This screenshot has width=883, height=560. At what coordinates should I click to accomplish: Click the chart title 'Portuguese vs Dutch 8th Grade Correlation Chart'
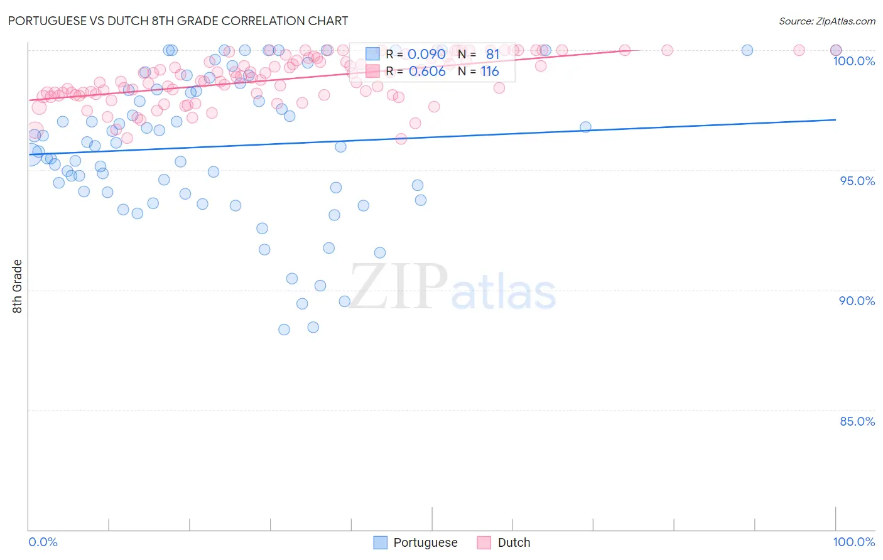click(178, 21)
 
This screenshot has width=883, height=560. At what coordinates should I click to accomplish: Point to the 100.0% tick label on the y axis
click(853, 61)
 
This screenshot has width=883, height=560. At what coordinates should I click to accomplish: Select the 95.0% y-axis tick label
click(857, 181)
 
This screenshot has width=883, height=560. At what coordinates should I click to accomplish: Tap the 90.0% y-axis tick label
click(857, 301)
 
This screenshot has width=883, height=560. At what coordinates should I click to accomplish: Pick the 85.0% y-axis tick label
click(857, 421)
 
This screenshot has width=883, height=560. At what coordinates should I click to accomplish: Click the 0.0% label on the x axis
click(43, 542)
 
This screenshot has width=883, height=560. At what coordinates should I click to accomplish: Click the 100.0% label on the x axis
click(853, 542)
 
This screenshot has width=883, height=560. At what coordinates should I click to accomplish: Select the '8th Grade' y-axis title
click(18, 286)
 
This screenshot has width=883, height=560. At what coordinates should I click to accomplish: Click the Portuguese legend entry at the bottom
click(416, 542)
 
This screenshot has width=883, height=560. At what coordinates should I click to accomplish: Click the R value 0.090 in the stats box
click(426, 54)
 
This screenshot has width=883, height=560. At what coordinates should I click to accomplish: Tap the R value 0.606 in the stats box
click(427, 72)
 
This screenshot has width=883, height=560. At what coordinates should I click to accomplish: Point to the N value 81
click(492, 54)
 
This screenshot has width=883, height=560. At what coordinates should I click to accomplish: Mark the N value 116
click(490, 72)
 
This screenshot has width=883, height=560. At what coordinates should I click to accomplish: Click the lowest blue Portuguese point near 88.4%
click(284, 330)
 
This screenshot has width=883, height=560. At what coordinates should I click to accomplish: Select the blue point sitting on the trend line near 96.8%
click(585, 127)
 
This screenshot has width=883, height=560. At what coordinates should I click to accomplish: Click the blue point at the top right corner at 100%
click(836, 50)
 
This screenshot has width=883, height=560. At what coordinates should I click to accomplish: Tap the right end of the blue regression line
click(836, 119)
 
